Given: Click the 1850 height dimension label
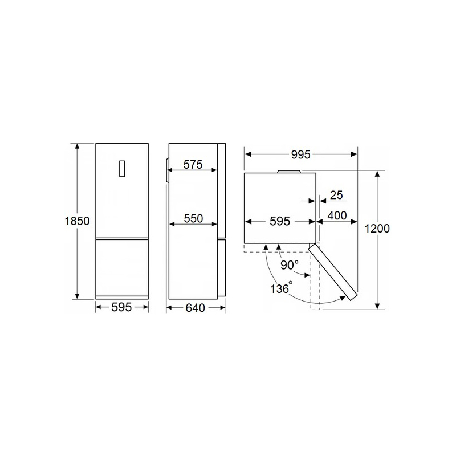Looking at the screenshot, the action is (x=77, y=221).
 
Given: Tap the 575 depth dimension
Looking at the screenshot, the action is (x=193, y=165).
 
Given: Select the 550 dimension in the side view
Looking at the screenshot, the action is (x=193, y=218).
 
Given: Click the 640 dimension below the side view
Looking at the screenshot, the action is (x=195, y=308).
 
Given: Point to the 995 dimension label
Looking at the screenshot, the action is (x=301, y=154).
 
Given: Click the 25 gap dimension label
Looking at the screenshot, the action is (x=336, y=195).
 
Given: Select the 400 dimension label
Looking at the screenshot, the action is (x=337, y=215).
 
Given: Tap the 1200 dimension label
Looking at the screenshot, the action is (x=377, y=229).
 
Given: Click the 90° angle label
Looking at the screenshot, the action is (x=290, y=264).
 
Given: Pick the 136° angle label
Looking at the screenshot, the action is (x=281, y=288).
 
